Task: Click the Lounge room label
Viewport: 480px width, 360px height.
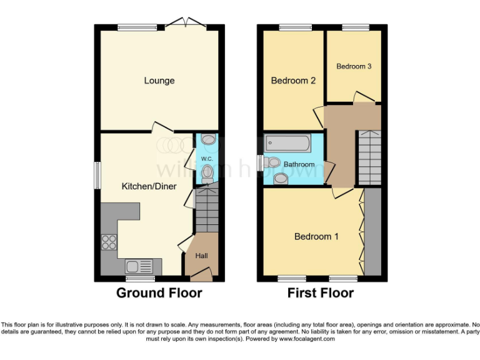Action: [159, 81]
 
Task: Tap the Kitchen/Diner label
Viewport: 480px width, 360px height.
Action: [149, 186]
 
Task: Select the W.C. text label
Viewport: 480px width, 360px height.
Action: [207, 159]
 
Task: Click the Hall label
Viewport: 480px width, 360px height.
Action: [202, 256]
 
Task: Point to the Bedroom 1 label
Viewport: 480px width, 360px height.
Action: [316, 236]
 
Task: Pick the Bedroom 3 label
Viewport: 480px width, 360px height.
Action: [354, 66]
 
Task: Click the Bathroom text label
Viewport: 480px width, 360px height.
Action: [299, 165]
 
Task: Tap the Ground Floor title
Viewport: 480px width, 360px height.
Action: [159, 292]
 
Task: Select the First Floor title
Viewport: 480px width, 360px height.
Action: [321, 292]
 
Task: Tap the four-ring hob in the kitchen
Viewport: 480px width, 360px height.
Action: [109, 241]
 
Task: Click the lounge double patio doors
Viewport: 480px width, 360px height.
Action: [189, 24]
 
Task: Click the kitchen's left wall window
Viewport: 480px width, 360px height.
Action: [97, 174]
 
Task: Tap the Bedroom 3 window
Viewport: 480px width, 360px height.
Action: [355, 27]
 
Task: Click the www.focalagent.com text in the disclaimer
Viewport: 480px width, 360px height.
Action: [308, 339]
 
